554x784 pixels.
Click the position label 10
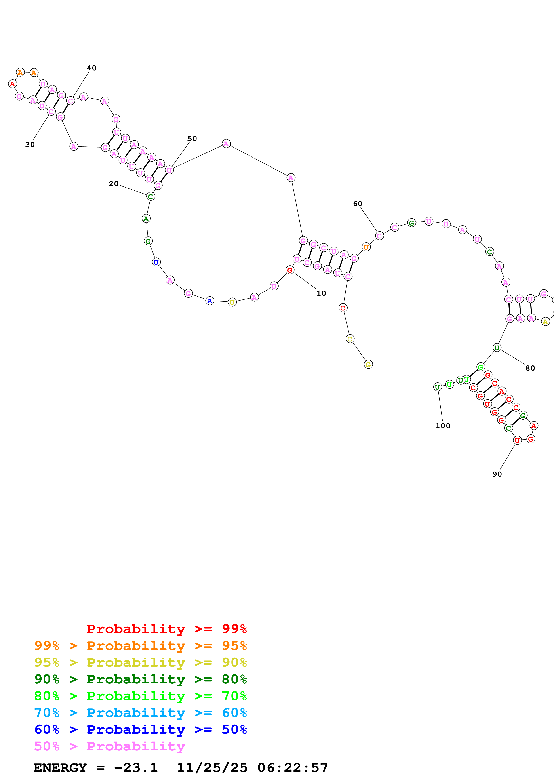point(321,293)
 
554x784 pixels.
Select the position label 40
point(91,68)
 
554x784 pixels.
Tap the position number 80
point(530,368)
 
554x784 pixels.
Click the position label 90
point(497,474)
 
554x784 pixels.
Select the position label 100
point(443,426)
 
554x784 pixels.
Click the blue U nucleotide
point(156,262)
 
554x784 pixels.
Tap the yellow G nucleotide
point(368,365)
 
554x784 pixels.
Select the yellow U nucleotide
point(232,302)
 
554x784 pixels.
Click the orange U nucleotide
point(366,247)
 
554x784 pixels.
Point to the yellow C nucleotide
point(350,339)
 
